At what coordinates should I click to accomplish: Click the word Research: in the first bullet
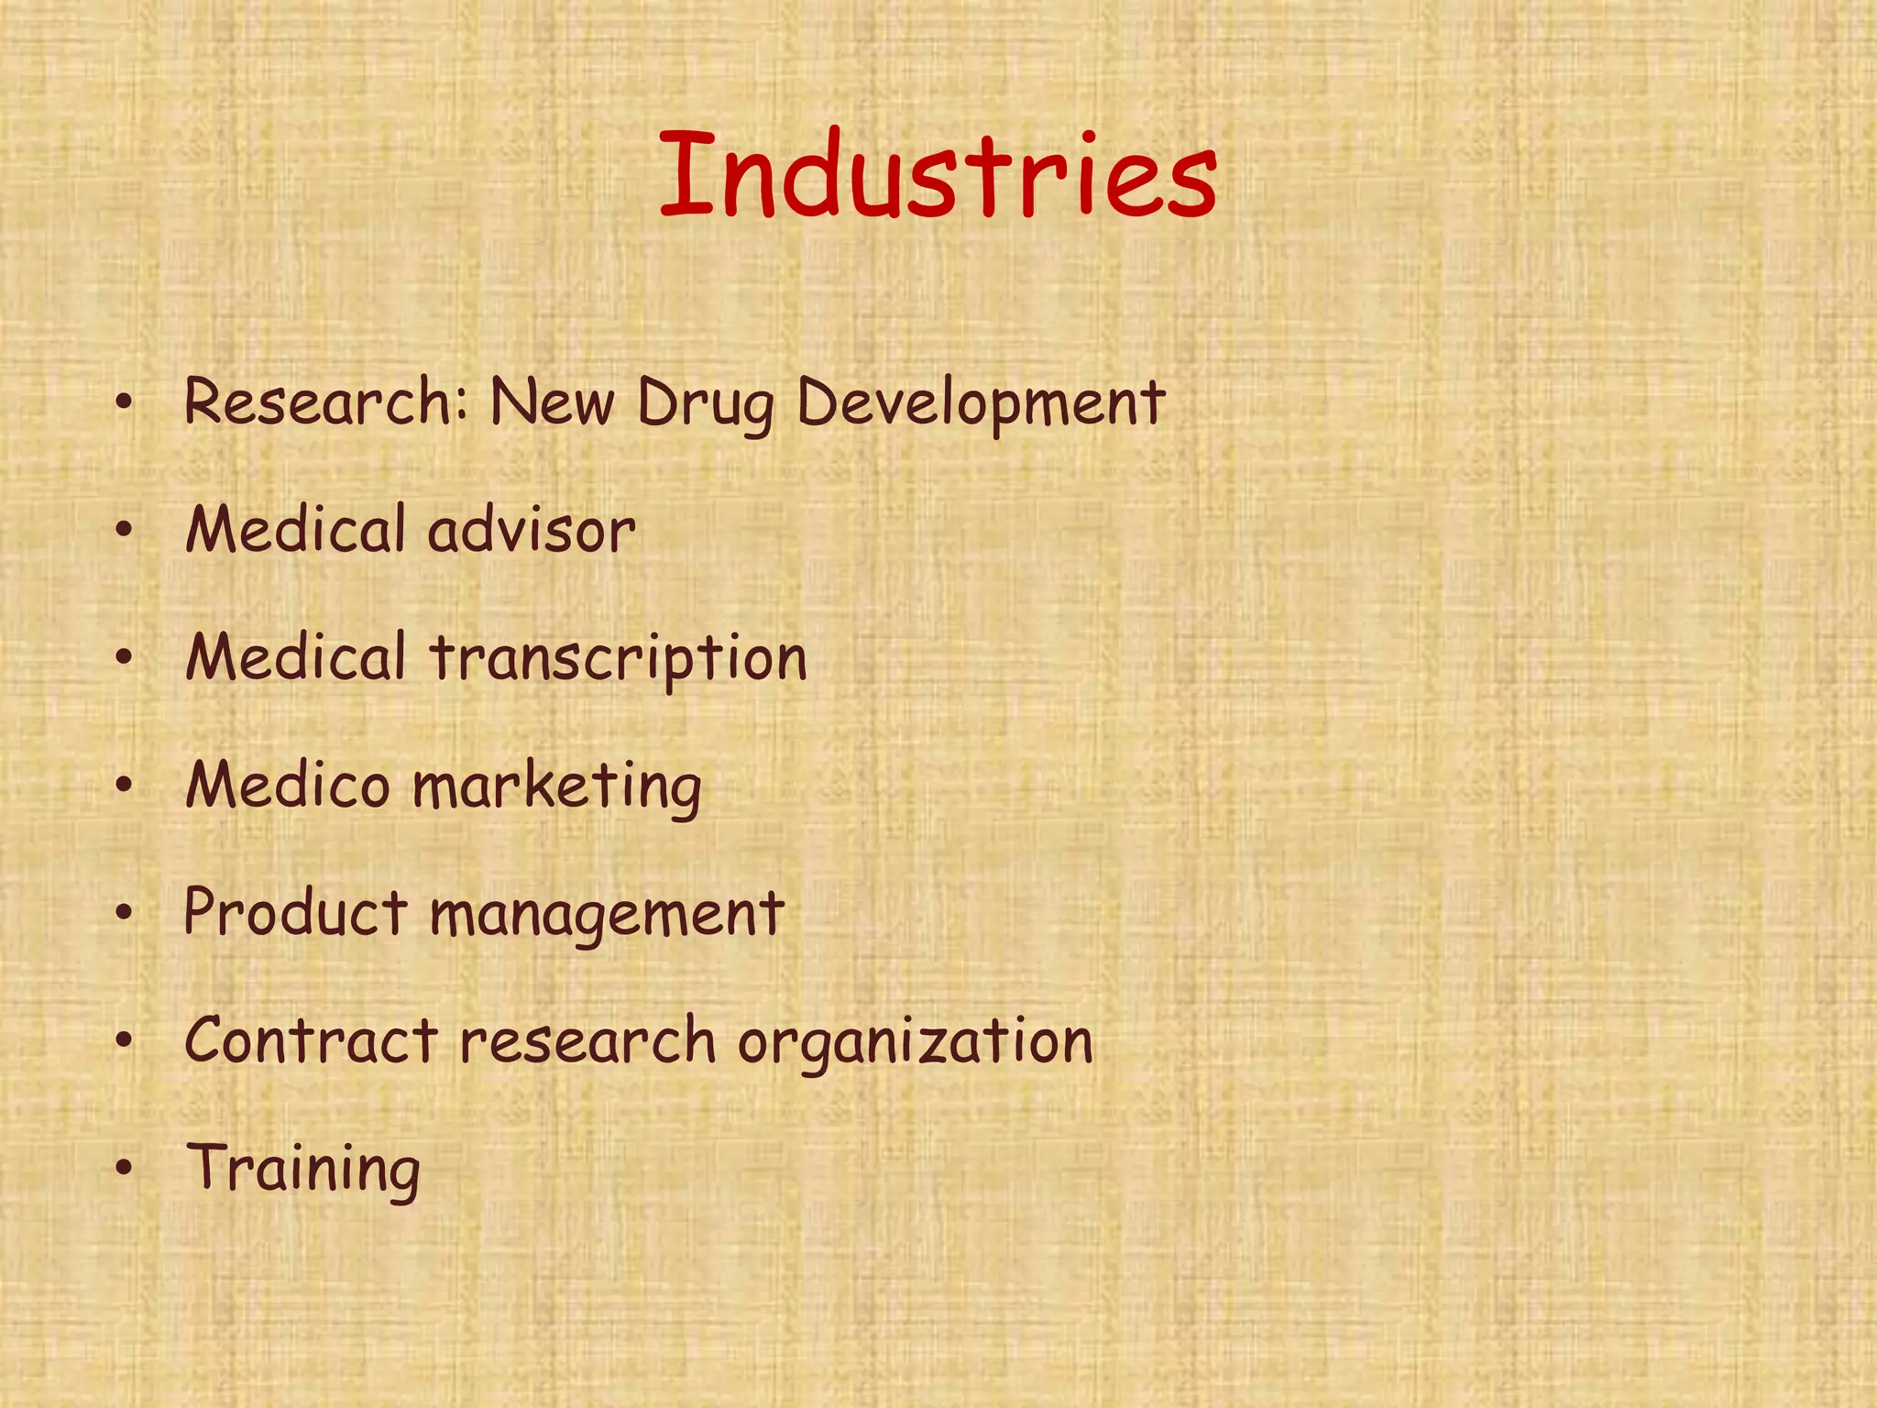327,402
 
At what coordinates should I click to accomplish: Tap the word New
552,402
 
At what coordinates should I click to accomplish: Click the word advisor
532,531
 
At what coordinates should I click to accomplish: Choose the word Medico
288,786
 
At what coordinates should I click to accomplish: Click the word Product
295,913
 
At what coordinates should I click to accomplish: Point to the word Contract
311,1040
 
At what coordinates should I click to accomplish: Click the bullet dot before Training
126,1169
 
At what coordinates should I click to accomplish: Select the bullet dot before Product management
126,913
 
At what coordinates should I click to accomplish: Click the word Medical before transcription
295,658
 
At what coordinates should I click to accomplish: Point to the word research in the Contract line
587,1041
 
